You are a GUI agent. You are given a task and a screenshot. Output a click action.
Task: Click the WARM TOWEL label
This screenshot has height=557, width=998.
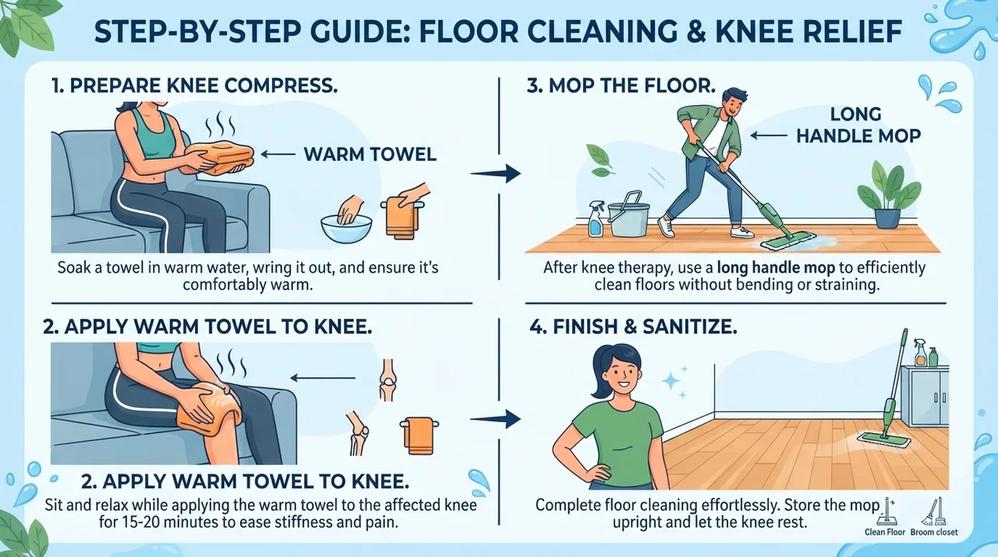tap(370, 154)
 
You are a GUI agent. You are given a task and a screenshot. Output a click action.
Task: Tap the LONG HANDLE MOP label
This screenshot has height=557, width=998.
tap(858, 126)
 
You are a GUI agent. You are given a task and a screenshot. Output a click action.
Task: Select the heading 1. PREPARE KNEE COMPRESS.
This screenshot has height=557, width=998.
tap(195, 86)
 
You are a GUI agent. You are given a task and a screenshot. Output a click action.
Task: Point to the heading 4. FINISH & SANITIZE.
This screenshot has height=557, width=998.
tap(633, 327)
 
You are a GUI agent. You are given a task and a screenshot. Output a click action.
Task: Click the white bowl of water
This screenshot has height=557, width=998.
tap(346, 228)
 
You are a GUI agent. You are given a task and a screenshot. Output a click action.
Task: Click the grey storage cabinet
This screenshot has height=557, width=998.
tap(923, 396)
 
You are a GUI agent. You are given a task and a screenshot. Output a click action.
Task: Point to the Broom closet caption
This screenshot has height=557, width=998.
tap(934, 532)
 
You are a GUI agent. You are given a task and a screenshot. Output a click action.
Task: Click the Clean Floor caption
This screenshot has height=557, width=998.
tap(885, 532)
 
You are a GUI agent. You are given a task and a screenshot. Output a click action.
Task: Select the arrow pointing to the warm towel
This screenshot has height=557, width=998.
tap(278, 154)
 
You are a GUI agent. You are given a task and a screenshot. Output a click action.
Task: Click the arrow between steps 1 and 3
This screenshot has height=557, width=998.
tap(495, 173)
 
